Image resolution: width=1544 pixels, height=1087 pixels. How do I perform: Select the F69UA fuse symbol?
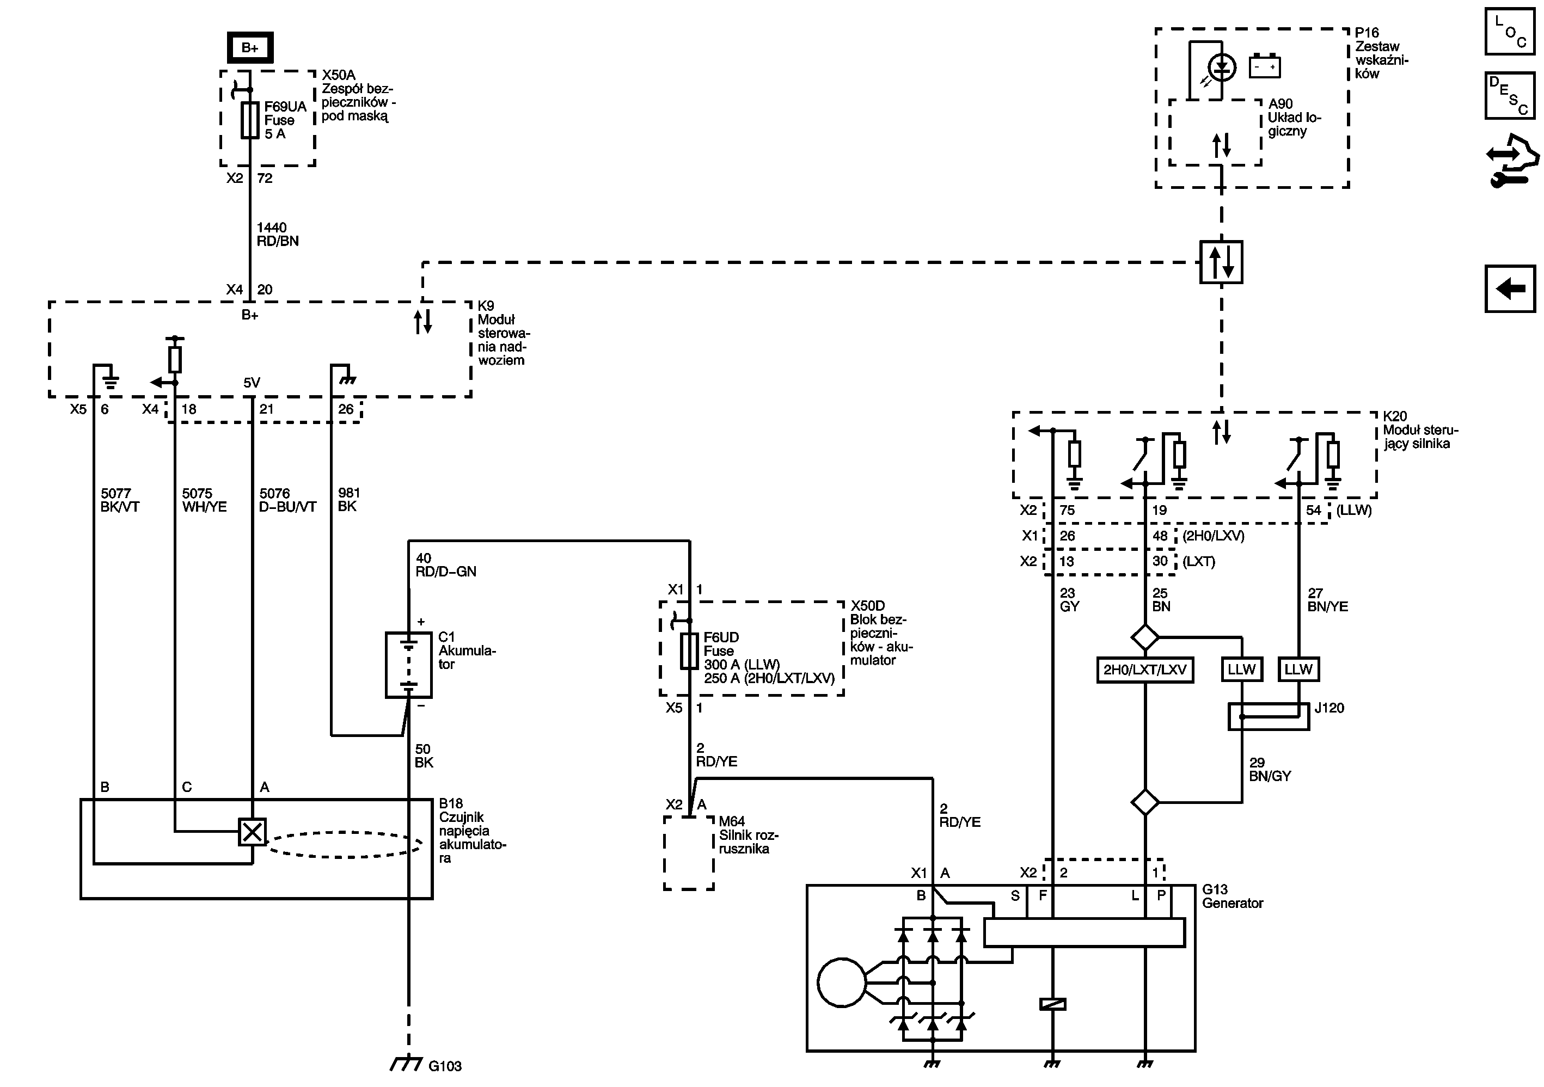249,120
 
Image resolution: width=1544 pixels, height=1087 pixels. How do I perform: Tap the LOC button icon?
1510,31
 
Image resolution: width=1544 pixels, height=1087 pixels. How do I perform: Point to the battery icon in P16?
1264,66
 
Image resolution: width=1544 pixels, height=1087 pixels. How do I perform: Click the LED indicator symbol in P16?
1221,67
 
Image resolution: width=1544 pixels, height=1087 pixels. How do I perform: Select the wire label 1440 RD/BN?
277,235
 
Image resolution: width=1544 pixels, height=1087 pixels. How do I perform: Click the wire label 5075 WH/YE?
204,500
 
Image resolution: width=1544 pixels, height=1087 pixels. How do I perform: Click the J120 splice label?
1329,708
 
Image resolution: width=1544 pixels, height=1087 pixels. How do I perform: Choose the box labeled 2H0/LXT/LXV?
1144,670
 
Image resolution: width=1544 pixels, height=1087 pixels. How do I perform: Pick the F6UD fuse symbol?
689,650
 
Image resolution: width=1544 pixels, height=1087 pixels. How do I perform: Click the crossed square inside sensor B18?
252,832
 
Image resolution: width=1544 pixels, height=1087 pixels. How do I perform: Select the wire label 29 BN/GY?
1270,769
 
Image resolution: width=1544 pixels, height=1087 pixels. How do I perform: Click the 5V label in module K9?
252,383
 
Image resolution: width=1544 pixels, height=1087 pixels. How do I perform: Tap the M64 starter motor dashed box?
689,853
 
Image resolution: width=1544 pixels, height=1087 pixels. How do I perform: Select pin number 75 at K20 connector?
1067,510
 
